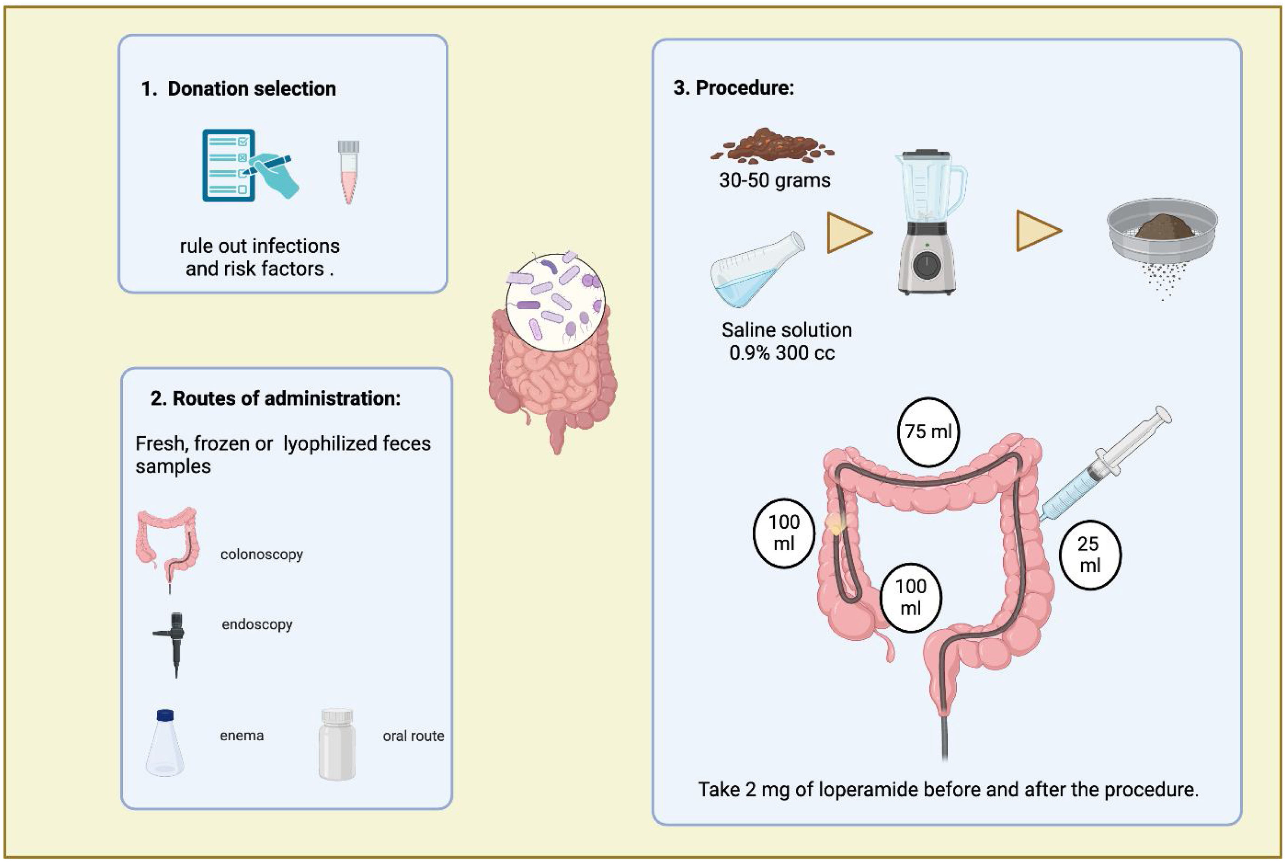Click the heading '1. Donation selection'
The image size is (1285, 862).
(x=239, y=89)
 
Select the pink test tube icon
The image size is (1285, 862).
(x=348, y=172)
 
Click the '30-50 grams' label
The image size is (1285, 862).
(x=775, y=180)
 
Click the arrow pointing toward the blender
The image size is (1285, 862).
(x=847, y=232)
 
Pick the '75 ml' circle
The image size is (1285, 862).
(x=928, y=431)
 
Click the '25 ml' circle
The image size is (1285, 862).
(x=1090, y=555)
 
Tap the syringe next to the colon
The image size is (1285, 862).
(x=1104, y=466)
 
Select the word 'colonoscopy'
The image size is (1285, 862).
(x=262, y=554)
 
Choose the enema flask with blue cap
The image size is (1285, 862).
(x=165, y=743)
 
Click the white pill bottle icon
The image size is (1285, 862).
(x=337, y=744)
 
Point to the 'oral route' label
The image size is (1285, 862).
(x=413, y=736)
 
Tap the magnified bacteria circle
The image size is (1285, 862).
(x=555, y=301)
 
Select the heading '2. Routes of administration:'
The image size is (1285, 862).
(x=276, y=399)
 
